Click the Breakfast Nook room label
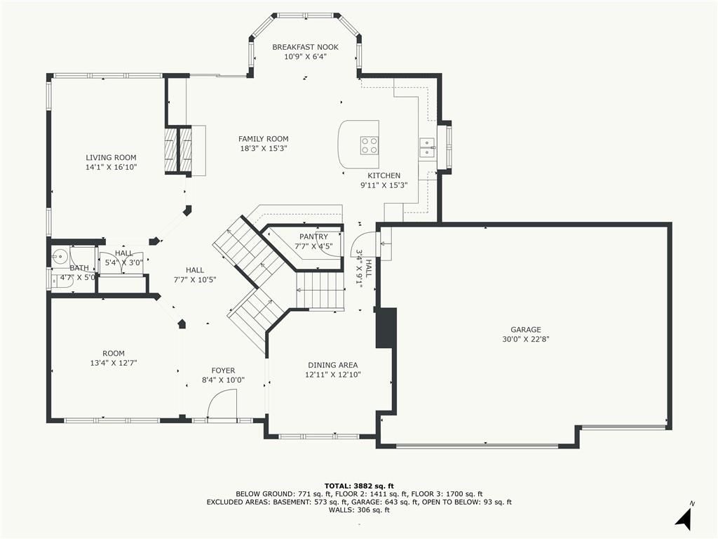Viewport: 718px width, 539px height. pos(306,47)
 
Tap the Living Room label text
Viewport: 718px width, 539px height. pos(111,157)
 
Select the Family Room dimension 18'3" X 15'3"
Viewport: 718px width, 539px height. pos(264,148)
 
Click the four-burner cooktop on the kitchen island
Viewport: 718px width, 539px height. pos(369,145)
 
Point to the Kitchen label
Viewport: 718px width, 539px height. pos(384,175)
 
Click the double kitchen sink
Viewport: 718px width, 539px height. pos(427,147)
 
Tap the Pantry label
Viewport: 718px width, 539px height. pos(313,237)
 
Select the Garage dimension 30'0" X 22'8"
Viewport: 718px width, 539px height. pos(526,339)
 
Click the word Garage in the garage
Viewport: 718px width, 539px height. pos(526,330)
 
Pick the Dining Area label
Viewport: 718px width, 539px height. pos(333,365)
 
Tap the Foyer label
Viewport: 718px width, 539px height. pos(224,371)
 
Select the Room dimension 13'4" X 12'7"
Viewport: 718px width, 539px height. pos(114,363)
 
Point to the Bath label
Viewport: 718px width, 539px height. pos(79,268)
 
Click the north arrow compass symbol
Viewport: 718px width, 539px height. pos(684,517)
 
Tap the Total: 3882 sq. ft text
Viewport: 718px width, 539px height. pos(359,486)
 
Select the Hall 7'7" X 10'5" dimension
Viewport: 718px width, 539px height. pos(195,279)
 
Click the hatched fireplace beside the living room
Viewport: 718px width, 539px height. pos(179,149)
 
